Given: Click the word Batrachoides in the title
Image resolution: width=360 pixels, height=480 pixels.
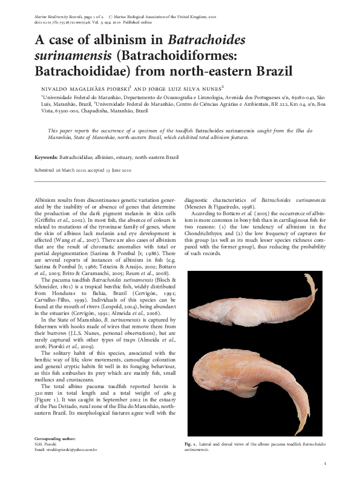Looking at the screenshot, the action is click(x=206, y=41).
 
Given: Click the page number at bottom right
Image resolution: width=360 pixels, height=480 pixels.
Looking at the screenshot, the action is click(x=326, y=464).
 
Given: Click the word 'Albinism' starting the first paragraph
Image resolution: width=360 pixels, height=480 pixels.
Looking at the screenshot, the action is click(x=45, y=199).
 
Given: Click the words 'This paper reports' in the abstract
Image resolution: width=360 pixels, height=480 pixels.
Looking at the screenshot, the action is click(x=67, y=131).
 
